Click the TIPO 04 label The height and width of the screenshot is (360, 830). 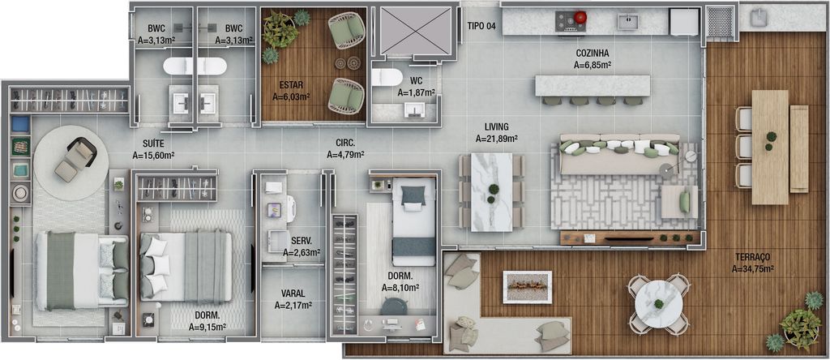[481, 26]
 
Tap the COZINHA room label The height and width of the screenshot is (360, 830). [593, 53]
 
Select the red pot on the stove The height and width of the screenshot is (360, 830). [581, 18]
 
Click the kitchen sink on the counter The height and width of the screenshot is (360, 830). [628, 22]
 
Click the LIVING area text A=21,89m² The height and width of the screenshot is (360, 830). [497, 139]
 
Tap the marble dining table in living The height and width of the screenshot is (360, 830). [492, 192]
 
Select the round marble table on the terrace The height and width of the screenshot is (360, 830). [658, 303]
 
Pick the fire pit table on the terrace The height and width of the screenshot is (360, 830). [527, 287]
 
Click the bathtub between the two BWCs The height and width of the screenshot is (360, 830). [195, 66]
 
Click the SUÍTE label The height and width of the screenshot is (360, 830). [153, 143]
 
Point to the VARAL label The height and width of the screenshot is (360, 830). [293, 294]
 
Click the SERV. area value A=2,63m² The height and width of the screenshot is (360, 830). [302, 252]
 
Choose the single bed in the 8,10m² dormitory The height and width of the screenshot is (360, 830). [413, 221]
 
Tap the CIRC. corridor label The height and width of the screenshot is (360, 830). [345, 143]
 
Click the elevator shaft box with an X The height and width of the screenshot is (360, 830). [416, 31]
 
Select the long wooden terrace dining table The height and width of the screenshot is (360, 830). [770, 148]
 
